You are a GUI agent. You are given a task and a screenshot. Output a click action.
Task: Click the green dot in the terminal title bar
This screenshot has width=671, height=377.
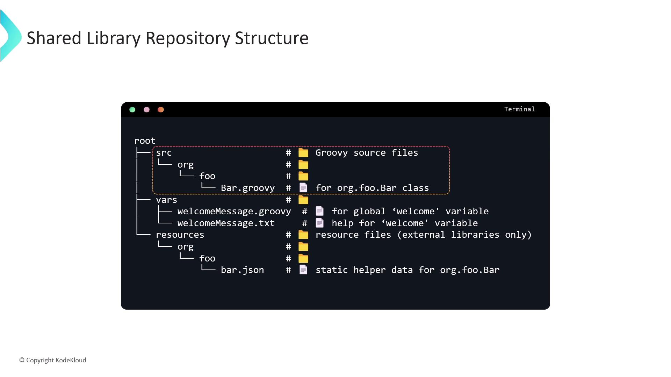132,110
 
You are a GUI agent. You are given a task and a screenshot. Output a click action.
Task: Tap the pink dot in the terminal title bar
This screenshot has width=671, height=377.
146,110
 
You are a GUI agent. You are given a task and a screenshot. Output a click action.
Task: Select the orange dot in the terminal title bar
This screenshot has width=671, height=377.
161,110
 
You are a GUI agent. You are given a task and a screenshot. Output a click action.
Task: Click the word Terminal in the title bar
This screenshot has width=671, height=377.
519,109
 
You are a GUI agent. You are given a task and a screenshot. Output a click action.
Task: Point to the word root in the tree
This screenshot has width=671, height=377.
145,141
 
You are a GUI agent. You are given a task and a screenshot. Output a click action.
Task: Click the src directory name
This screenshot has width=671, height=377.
164,153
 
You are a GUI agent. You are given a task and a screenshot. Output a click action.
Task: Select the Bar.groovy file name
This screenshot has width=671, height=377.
247,188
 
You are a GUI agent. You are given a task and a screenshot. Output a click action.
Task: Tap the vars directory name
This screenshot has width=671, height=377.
166,200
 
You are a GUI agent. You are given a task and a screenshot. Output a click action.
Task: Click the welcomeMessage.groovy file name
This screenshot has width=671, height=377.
234,212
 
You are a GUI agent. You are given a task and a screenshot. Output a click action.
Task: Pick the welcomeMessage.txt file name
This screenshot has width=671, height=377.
226,223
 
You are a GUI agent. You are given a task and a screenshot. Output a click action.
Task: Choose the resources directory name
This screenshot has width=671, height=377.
180,235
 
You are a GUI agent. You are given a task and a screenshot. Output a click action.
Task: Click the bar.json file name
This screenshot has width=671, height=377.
242,270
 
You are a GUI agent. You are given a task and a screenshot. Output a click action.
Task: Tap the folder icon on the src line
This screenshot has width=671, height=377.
303,153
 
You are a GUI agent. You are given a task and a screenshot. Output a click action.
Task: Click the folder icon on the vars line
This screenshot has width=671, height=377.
303,200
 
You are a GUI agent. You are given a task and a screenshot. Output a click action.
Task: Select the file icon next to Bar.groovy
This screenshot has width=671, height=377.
303,188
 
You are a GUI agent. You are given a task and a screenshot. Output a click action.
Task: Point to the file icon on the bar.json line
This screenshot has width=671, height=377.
303,270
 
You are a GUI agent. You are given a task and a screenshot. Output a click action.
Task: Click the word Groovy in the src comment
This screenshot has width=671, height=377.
331,153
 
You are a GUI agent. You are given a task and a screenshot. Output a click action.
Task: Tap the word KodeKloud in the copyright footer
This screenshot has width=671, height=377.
71,360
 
